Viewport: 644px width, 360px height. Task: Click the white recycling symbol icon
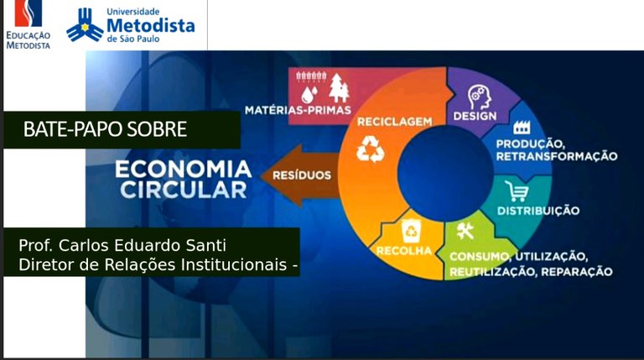coord(371,149)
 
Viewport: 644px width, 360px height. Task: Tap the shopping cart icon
coord(517,191)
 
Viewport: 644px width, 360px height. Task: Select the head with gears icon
coord(480,97)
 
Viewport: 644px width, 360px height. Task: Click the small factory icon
coord(522,128)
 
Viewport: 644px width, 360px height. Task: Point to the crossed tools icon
coord(465,231)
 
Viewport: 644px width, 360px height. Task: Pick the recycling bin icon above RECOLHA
coord(411,232)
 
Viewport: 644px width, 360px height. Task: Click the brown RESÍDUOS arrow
coord(301,175)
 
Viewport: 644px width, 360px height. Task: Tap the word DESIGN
coord(475,117)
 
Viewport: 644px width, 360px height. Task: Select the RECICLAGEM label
coord(395,122)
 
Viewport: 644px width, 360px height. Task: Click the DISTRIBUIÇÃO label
coord(538,211)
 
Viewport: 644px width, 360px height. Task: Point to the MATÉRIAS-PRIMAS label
coord(299,110)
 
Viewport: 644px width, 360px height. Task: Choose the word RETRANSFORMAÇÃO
coord(557,157)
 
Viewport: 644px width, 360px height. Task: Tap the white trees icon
coord(339,88)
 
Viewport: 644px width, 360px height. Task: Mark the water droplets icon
coord(309,94)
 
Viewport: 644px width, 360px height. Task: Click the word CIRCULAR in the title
coord(184,190)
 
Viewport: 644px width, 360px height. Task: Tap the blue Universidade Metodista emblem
coord(85,25)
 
